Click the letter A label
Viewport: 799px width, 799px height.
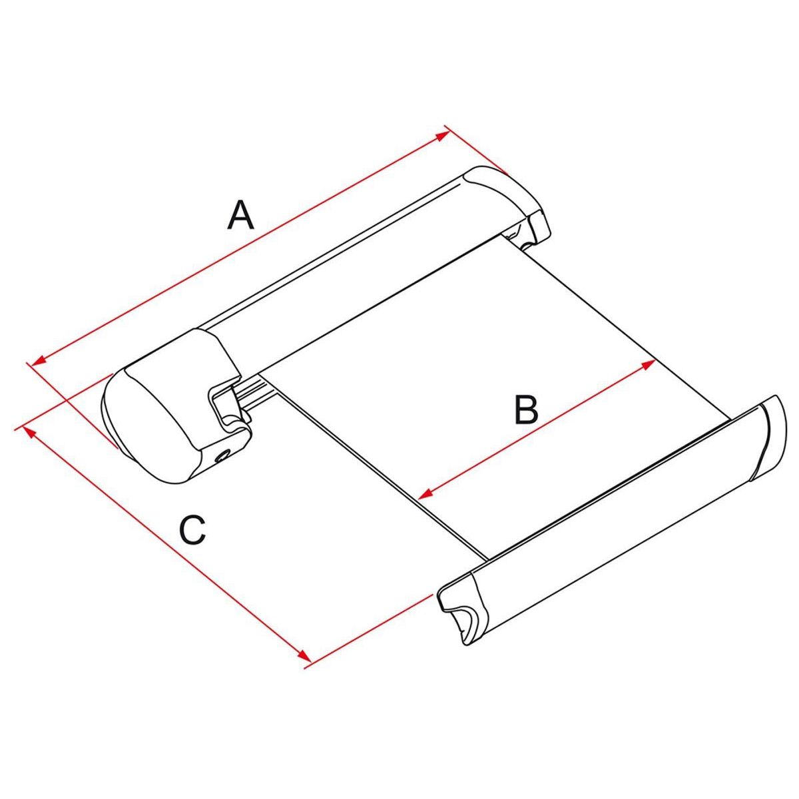(x=240, y=215)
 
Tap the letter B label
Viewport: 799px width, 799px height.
(x=526, y=410)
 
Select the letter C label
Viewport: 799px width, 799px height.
(x=193, y=530)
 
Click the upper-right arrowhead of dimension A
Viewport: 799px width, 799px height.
(x=443, y=136)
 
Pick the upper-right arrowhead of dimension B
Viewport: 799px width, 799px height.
(x=648, y=365)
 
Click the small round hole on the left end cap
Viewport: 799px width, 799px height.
(x=222, y=457)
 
